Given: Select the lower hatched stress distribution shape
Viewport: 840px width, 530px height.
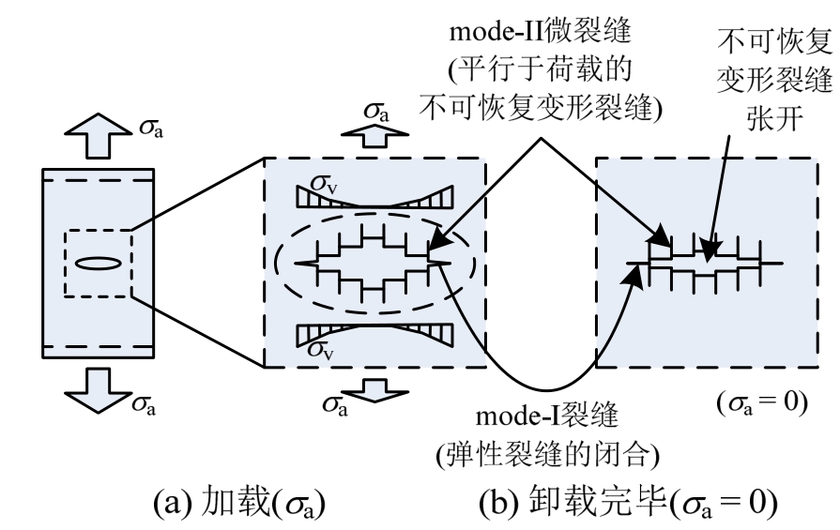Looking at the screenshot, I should coord(375,334).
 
